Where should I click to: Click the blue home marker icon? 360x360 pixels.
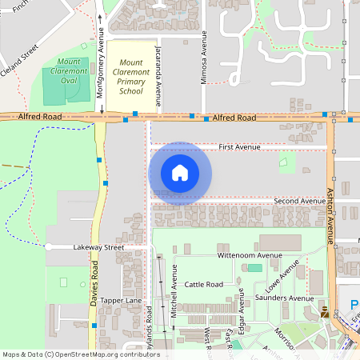tap(180, 173)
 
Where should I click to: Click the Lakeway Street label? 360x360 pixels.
tap(98, 248)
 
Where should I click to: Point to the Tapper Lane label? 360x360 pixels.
tap(121, 300)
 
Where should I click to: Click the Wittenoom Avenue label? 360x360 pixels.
tap(250, 255)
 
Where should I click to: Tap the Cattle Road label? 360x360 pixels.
tap(203, 284)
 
